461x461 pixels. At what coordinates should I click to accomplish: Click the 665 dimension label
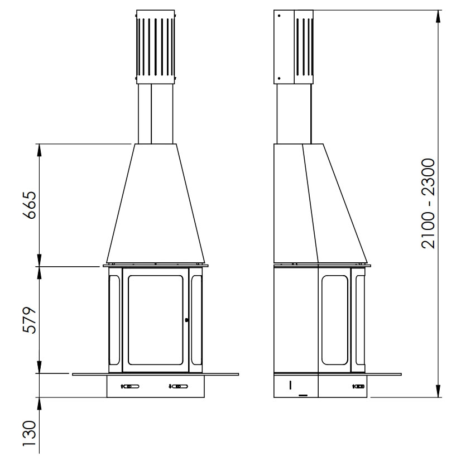click(30, 205)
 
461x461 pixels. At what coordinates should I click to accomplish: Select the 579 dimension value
click(30, 320)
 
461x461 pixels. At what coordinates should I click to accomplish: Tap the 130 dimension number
click(30, 433)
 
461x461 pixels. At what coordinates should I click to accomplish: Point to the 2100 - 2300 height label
click(428, 204)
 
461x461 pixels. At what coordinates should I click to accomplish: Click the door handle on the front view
click(186, 320)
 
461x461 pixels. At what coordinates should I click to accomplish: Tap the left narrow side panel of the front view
click(114, 320)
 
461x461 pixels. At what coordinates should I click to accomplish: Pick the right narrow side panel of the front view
click(196, 320)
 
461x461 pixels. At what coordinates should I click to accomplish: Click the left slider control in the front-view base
click(130, 386)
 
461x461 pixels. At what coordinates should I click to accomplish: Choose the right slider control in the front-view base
click(179, 386)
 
